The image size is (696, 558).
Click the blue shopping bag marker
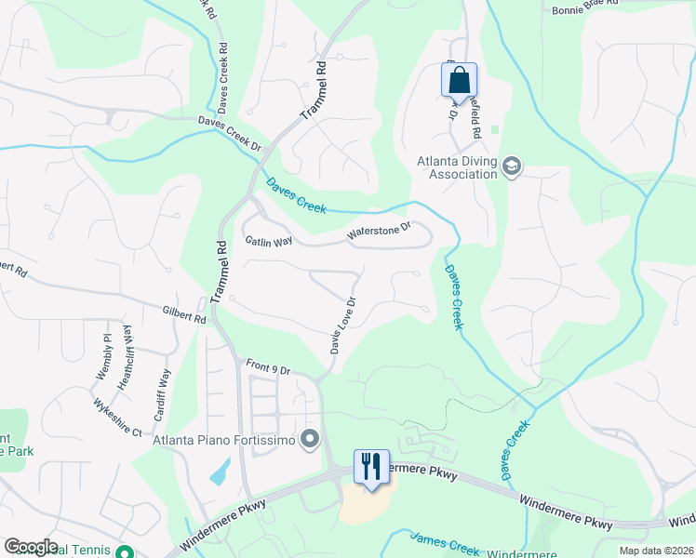(x=459, y=81)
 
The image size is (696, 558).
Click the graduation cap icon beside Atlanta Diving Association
(x=511, y=167)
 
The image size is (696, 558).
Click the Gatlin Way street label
(x=269, y=241)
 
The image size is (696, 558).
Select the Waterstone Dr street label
(x=379, y=231)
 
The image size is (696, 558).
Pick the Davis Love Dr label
(x=342, y=325)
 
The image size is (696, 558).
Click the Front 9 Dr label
(x=268, y=368)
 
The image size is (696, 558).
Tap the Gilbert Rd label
(x=183, y=316)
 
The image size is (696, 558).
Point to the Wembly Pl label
(x=102, y=356)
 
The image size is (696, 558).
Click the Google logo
(x=32, y=547)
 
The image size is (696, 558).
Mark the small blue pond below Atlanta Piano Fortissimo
(x=220, y=472)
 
